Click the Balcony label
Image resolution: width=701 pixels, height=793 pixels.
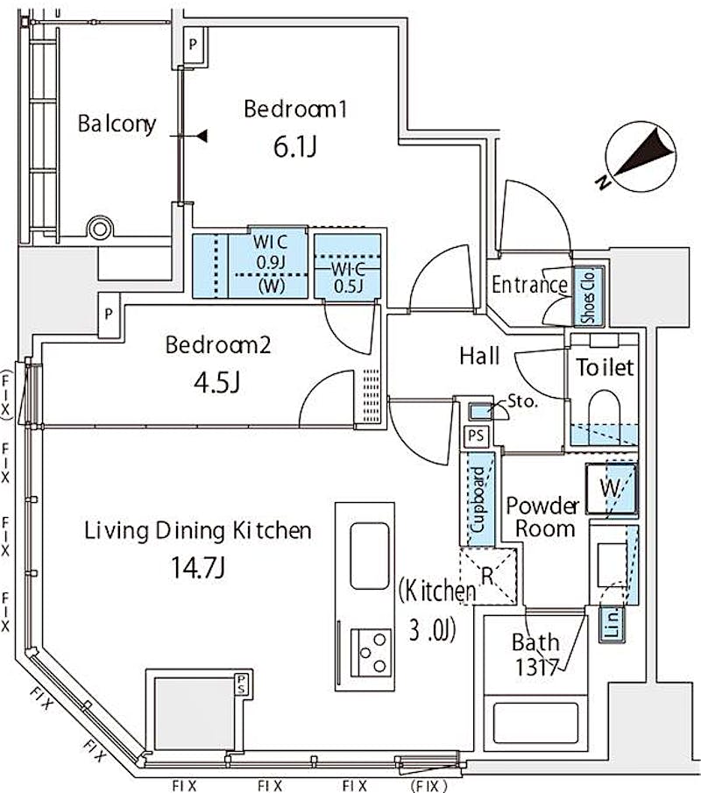[117, 124]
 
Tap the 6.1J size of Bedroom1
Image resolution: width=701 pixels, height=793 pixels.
[295, 147]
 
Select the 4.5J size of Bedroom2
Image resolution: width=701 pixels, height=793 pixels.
[217, 382]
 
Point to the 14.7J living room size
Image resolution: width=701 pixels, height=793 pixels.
[198, 568]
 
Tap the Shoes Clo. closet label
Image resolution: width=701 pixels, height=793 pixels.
[588, 296]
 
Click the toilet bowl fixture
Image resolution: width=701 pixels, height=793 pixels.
[605, 409]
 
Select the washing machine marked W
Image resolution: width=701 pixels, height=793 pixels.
[612, 489]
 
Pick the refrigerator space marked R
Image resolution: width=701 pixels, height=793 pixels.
[487, 576]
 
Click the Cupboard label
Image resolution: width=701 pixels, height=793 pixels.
[478, 499]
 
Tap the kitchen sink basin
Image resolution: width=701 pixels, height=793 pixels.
[370, 556]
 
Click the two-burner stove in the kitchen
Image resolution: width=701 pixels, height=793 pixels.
[372, 653]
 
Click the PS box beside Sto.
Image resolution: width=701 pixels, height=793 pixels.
[476, 435]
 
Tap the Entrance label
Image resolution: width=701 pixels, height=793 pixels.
[529, 284]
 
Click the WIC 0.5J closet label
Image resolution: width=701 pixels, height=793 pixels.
[349, 277]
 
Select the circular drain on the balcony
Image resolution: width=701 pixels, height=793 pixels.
[100, 229]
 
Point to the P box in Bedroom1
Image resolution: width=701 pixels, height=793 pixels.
[193, 45]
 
